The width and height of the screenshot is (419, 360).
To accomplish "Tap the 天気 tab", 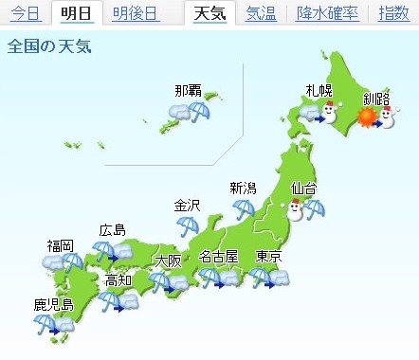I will (209, 13).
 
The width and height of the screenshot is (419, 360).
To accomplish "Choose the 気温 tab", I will (261, 13).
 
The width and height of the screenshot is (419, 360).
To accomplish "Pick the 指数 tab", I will (393, 13).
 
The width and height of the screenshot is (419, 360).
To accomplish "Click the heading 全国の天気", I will (49, 47).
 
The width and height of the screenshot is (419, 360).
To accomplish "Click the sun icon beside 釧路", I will (366, 118).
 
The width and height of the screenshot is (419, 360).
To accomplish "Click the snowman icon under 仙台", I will (296, 208).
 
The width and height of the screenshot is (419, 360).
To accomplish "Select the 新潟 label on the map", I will (244, 188).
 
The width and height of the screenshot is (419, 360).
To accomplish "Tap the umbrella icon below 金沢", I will (187, 225).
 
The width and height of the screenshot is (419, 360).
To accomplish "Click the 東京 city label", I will (269, 257).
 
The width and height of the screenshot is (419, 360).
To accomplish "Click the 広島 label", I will (112, 230).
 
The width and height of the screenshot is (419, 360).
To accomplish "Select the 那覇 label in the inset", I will (188, 91).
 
